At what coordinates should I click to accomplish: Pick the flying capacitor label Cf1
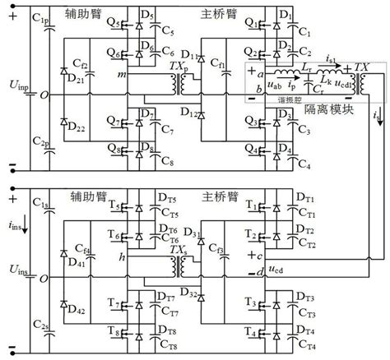point(219,62)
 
